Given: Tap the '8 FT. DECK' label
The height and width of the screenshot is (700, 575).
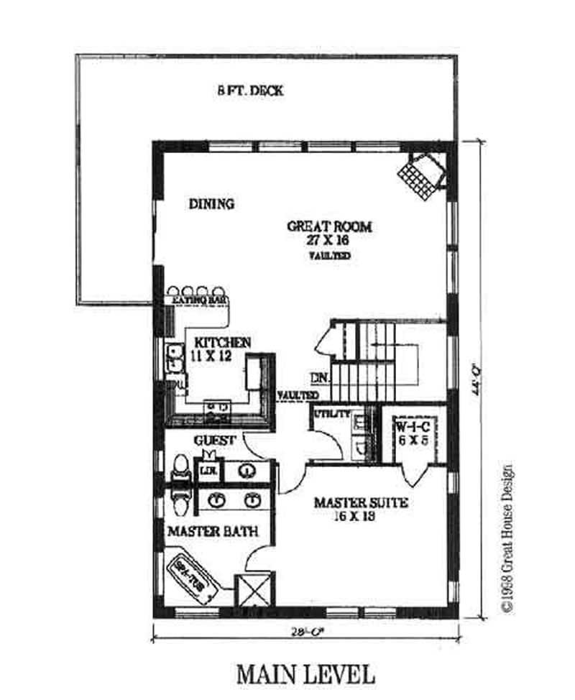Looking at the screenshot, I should (250, 91).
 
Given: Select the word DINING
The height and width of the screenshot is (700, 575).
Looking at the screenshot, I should (211, 204).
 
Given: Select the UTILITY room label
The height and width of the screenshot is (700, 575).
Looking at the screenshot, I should (332, 414).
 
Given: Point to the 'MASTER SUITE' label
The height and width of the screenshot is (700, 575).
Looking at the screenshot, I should (361, 503).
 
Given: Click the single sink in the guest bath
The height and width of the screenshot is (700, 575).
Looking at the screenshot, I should (248, 471).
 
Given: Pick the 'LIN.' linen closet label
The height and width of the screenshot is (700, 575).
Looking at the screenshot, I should (208, 471).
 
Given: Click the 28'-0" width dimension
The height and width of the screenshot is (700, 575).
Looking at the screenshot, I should (305, 632).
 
